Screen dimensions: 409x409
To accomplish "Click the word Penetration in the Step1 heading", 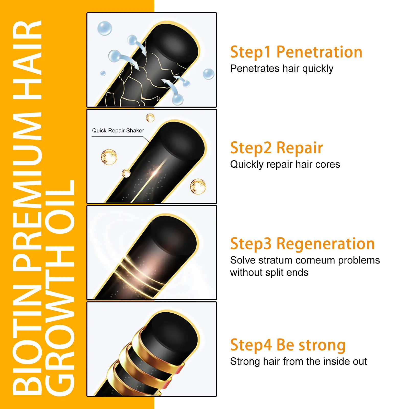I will (319, 52).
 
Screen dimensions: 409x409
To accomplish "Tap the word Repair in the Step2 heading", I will (300, 148).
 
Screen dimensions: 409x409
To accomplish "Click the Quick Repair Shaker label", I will (118, 131).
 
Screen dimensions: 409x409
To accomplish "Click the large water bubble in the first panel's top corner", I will (105, 28).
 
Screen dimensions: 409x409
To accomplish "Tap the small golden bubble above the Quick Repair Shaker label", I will (150, 118).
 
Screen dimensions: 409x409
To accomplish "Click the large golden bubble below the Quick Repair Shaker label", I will (109, 157).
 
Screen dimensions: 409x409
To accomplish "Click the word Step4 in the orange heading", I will (251, 345).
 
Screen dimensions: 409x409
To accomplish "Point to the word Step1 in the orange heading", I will (251, 52).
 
